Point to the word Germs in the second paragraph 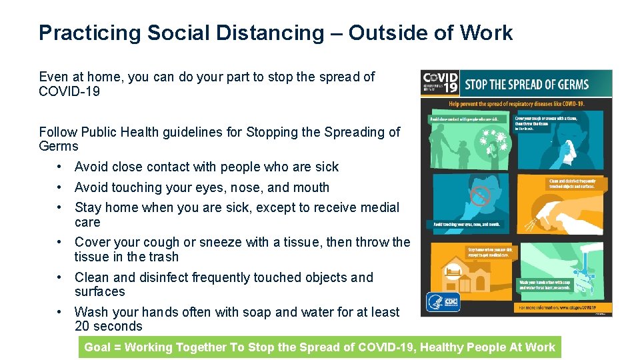click(59, 146)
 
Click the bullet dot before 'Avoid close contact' click(60, 167)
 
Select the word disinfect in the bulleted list click(161, 277)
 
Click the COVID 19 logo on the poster click(440, 83)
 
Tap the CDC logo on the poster click(451, 303)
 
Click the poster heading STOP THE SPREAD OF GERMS click(526, 84)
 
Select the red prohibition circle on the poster click(481, 195)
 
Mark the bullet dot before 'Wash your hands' click(60, 312)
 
